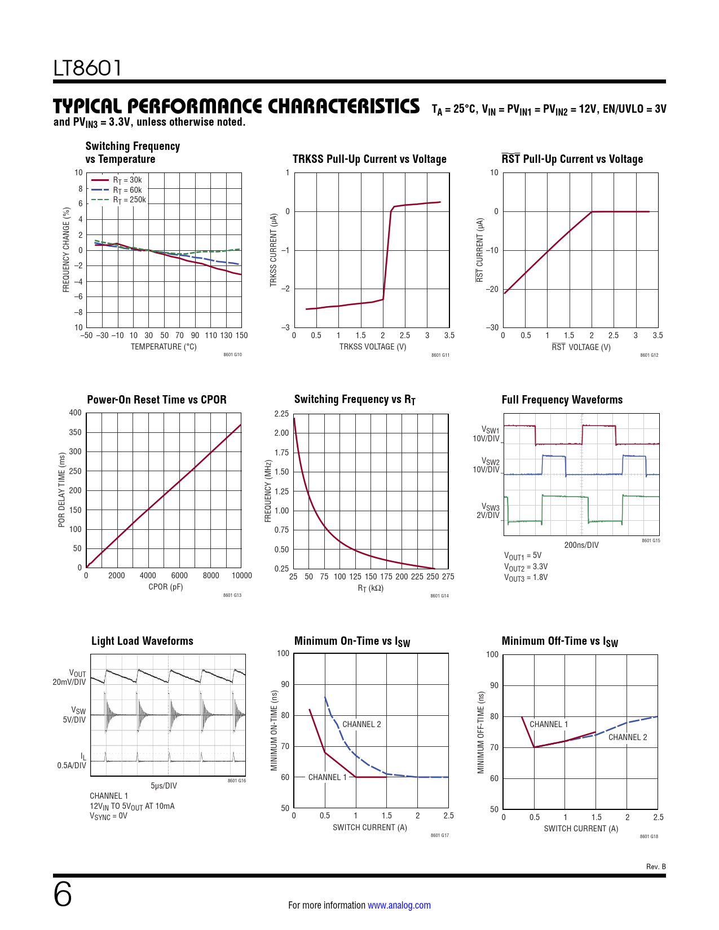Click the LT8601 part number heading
pos(87,68)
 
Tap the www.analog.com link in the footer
pos(399,905)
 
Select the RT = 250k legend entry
pos(129,200)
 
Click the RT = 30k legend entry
pos(127,180)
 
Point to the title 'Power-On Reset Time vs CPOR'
pos(157,400)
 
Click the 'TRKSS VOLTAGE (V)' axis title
pos(372,347)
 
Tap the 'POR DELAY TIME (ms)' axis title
pos(61,490)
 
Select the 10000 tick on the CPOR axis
pos(242,575)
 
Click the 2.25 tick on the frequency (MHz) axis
pos(281,414)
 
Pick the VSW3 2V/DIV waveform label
pos(489,511)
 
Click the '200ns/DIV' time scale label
pos(581,545)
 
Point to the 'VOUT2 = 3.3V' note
pos(526,567)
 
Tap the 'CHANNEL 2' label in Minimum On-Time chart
pos(361,724)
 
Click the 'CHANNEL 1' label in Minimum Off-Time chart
pos(549,724)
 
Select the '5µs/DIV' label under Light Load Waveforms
pos(164,786)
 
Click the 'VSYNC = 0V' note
pos(108,816)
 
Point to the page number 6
pos(63,894)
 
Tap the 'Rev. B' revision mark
pos(656,867)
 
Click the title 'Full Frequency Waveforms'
pos(562,400)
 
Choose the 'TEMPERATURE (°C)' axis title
pos(164,347)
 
